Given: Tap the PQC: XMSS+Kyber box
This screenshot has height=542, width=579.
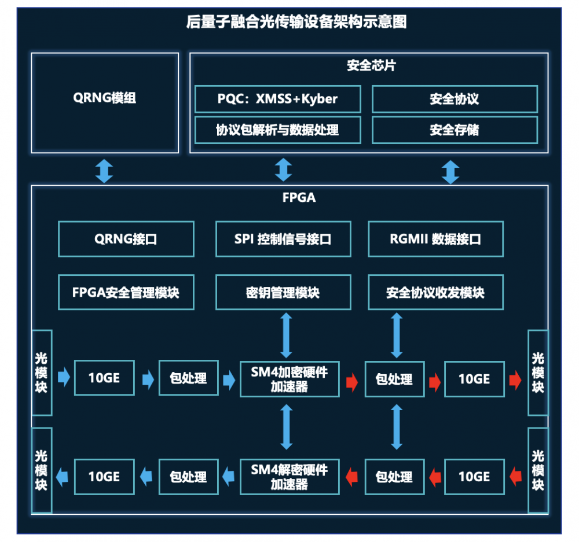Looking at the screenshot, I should coord(277,99).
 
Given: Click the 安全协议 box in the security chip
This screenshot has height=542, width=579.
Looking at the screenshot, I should coord(455,99).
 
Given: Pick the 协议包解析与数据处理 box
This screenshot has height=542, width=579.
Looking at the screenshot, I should coord(277,130).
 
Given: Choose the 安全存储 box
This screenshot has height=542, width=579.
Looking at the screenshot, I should coord(455,130).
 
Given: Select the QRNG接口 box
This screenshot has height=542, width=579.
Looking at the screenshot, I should coord(126,239).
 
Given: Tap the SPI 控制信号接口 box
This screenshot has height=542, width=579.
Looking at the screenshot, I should coord(283,239).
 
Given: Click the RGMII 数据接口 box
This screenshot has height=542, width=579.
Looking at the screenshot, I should coord(435,239).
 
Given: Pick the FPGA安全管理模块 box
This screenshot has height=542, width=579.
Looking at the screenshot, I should coord(126,292).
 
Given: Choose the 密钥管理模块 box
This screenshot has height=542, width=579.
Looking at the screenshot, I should coord(283,292).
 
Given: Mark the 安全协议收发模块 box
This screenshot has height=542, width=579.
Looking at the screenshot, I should coord(435,292).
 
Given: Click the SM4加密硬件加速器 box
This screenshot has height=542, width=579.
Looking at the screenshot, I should coord(289,379).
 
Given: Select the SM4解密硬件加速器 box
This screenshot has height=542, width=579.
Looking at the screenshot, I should coord(289,477).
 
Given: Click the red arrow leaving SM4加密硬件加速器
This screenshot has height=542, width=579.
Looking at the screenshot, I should coord(351,380).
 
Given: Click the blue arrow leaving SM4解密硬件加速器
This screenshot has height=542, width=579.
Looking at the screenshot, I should coord(228,477).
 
